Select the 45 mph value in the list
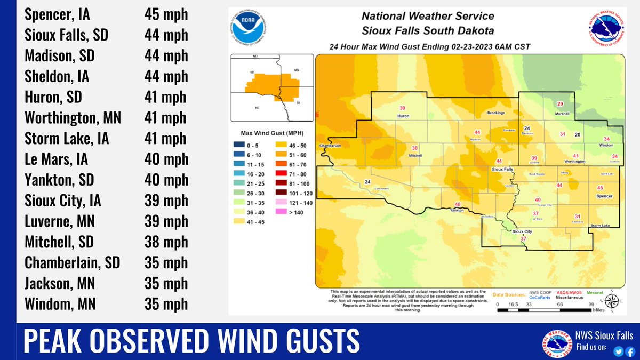click(x=166, y=14)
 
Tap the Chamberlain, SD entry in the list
click(x=72, y=262)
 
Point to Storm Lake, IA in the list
click(x=67, y=139)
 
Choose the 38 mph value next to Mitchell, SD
click(x=166, y=242)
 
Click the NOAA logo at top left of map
click(x=249, y=25)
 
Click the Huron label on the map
click(x=403, y=116)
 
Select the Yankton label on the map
click(x=457, y=211)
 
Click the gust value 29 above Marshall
click(x=560, y=104)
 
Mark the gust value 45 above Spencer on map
click(x=600, y=188)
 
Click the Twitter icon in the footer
click(x=618, y=351)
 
